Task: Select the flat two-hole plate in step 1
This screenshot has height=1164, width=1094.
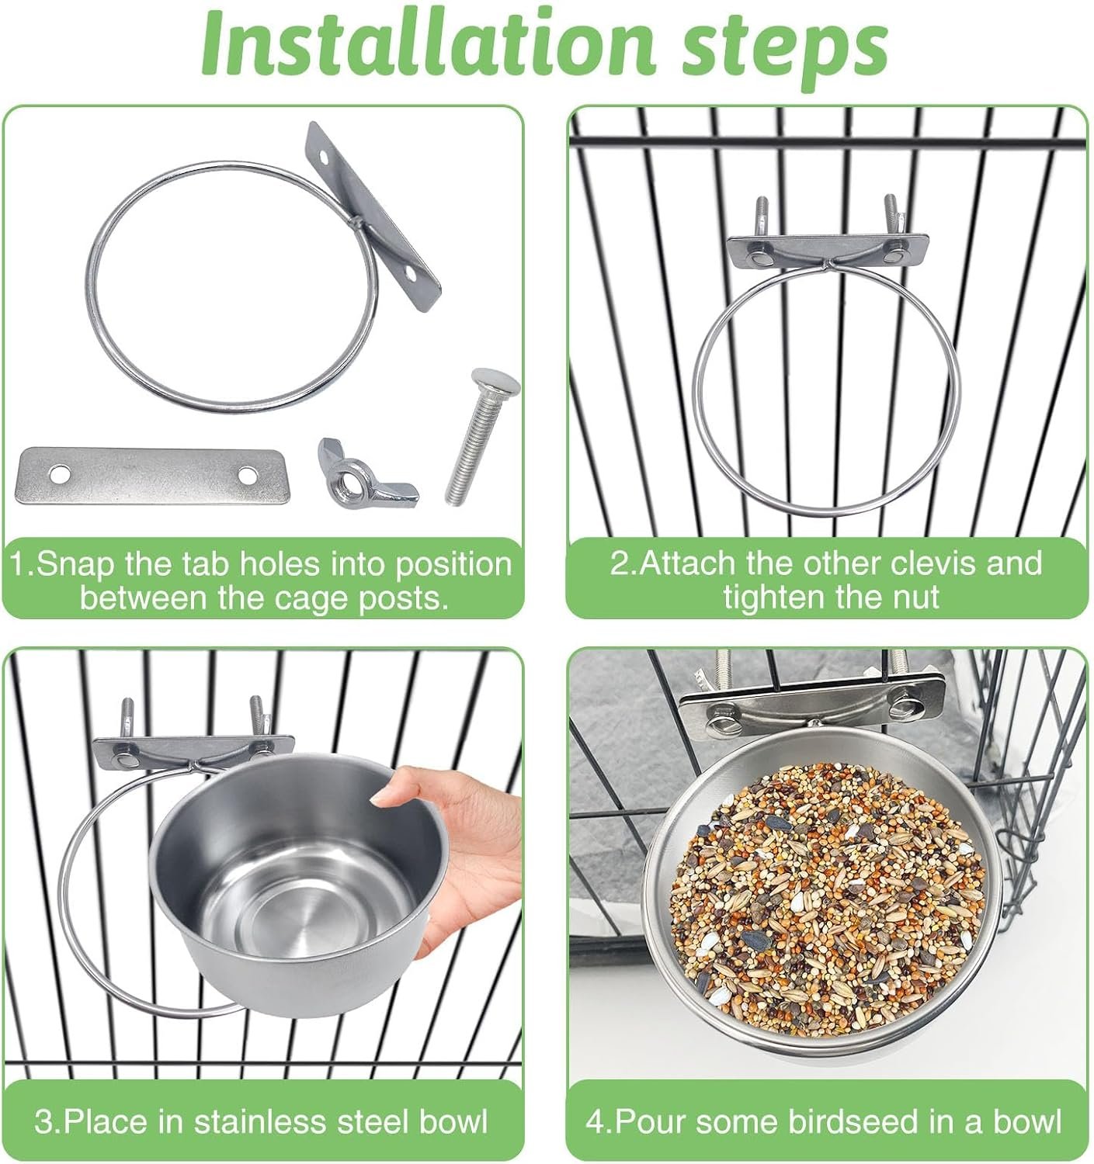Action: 152,475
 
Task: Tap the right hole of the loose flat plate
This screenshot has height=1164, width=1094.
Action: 248,473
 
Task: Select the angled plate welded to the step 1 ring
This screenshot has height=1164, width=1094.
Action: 373,216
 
